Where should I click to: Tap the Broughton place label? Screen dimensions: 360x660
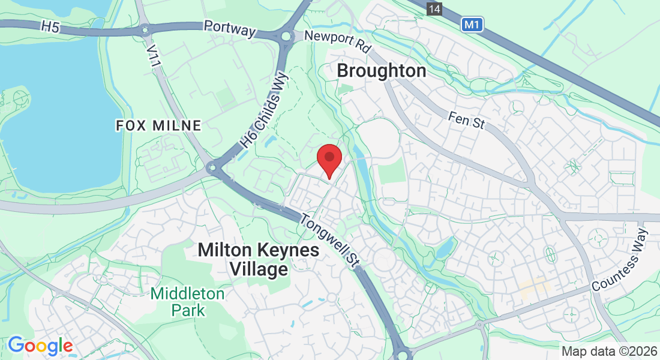pos(382,71)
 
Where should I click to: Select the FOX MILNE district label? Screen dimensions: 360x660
pos(158,125)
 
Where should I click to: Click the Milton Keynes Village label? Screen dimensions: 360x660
pos(259,259)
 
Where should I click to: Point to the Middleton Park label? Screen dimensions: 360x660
pos(187,302)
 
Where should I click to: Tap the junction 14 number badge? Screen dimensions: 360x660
pos(434,8)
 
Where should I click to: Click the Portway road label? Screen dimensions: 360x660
pos(230,28)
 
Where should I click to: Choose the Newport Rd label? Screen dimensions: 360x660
pos(338,42)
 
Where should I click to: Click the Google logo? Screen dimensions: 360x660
pos(40,346)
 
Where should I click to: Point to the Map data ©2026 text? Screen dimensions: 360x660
pos(608,351)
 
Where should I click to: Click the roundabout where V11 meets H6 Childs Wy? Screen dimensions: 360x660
pos(212,169)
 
